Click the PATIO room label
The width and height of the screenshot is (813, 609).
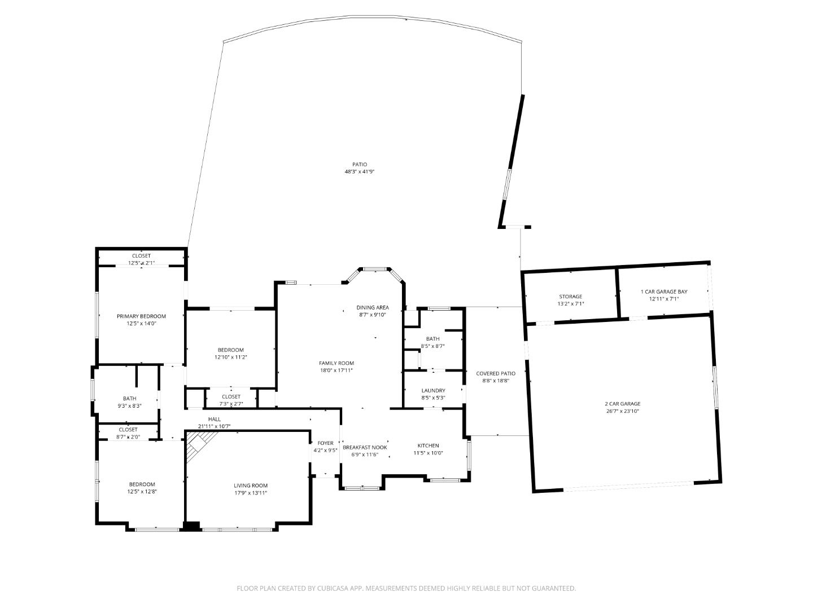[360, 165]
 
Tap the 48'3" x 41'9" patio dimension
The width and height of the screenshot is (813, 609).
[360, 171]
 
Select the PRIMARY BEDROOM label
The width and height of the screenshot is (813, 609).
[141, 316]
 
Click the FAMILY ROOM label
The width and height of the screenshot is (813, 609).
[336, 363]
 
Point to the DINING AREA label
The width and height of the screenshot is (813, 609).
[372, 307]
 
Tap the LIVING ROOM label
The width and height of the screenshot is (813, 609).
[251, 486]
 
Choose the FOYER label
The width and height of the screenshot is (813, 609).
[325, 443]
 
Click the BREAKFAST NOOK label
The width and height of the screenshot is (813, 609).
[365, 447]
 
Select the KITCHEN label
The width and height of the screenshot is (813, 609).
[428, 445]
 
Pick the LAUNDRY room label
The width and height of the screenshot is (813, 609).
[433, 391]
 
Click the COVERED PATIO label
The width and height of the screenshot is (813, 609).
[496, 373]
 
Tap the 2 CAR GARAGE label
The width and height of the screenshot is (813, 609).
[623, 404]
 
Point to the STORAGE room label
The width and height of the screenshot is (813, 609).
[570, 297]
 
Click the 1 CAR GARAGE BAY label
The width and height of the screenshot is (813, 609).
[663, 292]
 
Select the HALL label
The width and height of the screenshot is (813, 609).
[214, 419]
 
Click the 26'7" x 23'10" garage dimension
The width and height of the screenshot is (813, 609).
[623, 411]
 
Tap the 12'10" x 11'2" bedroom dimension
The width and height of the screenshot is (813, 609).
[230, 357]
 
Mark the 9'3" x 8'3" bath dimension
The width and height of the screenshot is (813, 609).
[129, 405]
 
